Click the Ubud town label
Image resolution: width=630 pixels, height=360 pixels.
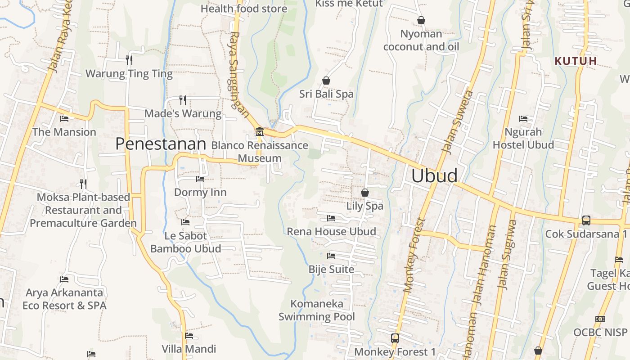pos(434,175)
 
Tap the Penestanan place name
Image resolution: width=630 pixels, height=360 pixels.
pos(161,144)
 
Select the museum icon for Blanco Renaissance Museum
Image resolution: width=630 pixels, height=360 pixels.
pos(259,132)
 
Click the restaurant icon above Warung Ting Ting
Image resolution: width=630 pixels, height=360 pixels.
pos(129,60)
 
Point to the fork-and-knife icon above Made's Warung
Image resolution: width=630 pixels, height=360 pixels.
pos(183,100)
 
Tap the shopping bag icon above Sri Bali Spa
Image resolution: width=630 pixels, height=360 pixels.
pos(326,81)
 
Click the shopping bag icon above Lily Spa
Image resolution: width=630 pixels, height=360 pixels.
pos(365,193)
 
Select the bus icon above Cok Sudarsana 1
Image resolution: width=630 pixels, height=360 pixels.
pos(586,220)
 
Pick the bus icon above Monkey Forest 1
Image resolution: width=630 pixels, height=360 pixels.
pos(395,338)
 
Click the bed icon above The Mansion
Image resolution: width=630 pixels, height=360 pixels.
pos(64,119)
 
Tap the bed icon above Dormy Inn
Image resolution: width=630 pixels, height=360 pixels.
pos(200,179)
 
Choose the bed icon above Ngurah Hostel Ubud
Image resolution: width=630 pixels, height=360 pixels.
pos(523,119)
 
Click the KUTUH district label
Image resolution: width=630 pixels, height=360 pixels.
pos(576,61)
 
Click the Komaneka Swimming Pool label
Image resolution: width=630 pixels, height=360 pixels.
pos(317,310)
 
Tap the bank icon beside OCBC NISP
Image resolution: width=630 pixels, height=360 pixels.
pos(600,319)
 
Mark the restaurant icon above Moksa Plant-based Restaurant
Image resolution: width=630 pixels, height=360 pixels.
pos(83,184)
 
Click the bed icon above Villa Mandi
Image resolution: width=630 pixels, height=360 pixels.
pos(189,336)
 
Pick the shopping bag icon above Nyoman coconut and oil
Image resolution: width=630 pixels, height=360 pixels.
pos(421,20)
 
